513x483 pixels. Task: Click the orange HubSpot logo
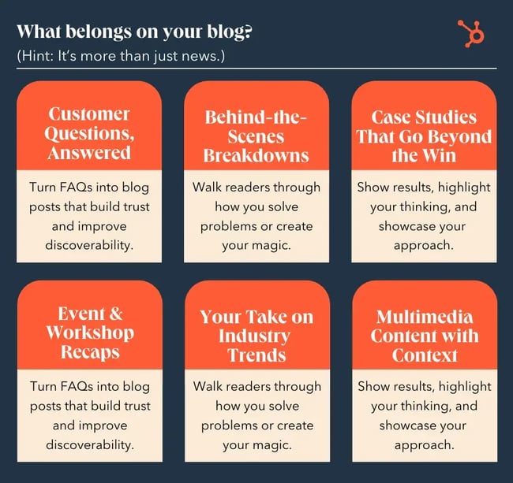tap(472, 34)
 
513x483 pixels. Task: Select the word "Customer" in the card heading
tap(88, 115)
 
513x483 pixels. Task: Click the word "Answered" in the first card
tap(88, 153)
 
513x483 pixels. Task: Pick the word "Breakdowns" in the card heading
tap(256, 154)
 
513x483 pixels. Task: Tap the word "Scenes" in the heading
tap(256, 136)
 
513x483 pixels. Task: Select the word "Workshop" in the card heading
tap(88, 332)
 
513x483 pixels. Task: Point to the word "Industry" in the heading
tap(256, 336)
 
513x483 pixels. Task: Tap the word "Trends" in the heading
tap(256, 355)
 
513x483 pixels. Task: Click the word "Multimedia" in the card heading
tap(424, 317)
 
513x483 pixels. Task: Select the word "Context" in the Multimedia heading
tap(424, 355)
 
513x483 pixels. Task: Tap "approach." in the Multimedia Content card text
tap(424, 444)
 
